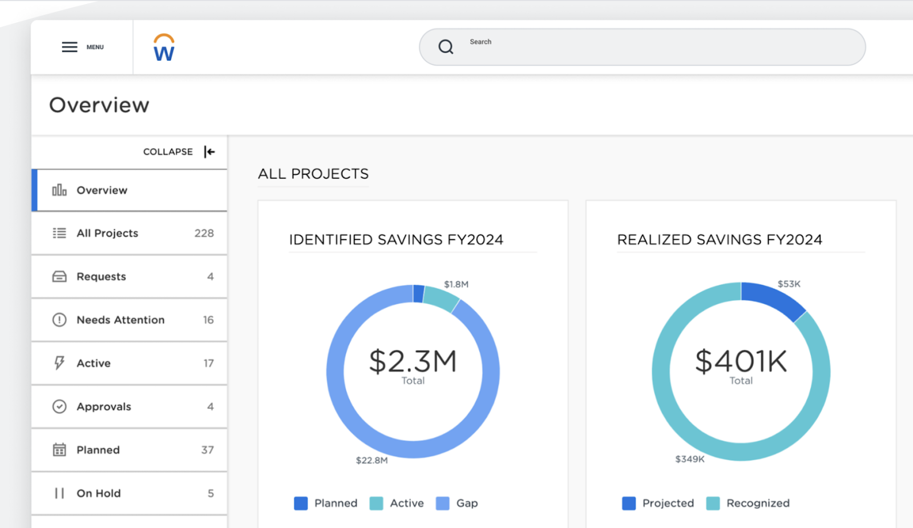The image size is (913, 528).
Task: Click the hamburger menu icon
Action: (70, 47)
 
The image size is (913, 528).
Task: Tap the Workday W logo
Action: (164, 48)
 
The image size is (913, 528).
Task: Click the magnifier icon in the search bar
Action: (446, 47)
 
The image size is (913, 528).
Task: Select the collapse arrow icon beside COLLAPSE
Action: (209, 152)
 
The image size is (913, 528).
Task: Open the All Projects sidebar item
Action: (107, 233)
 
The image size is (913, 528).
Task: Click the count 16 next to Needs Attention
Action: (208, 320)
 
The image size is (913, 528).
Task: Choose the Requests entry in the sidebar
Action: (101, 277)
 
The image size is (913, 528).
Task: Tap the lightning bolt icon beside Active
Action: (59, 363)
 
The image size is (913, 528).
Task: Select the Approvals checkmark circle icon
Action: (59, 406)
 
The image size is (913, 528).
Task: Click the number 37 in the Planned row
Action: (207, 450)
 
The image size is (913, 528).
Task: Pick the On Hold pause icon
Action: (59, 493)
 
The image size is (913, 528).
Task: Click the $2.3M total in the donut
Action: (413, 362)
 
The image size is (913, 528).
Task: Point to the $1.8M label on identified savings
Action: (456, 284)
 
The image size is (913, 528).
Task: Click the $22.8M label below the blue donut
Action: (371, 460)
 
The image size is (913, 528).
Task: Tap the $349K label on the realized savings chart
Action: (689, 459)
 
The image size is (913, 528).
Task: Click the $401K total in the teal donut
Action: (741, 362)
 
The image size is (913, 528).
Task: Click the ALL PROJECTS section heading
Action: (313, 174)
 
